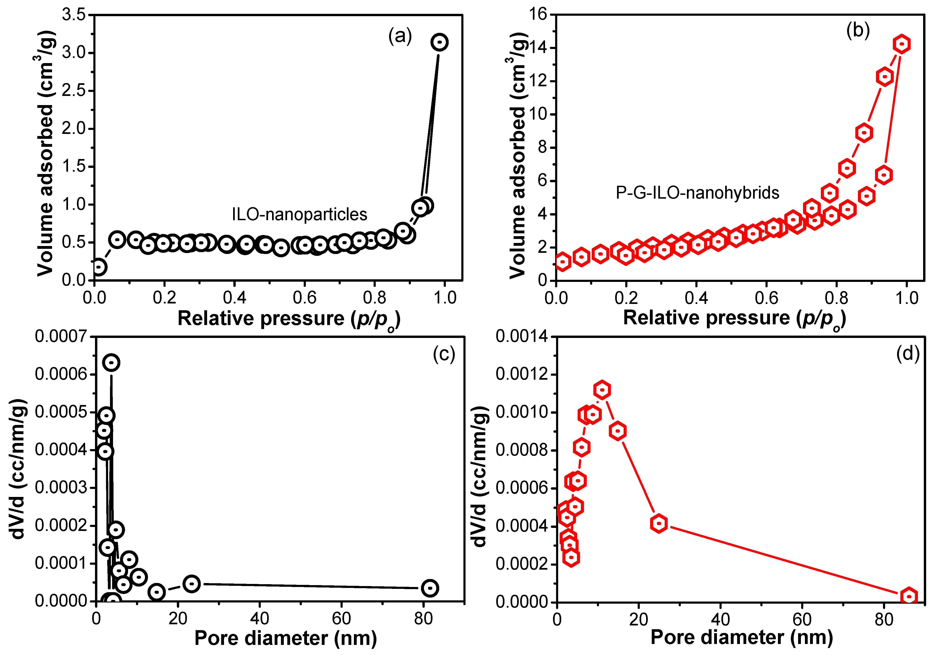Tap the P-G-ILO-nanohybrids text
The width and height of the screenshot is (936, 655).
(697, 192)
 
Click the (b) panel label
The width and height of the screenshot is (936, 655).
(858, 30)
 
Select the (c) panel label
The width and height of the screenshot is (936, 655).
(443, 354)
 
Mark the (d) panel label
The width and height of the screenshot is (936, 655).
(907, 353)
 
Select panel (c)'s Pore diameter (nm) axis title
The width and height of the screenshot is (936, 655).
(285, 638)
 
